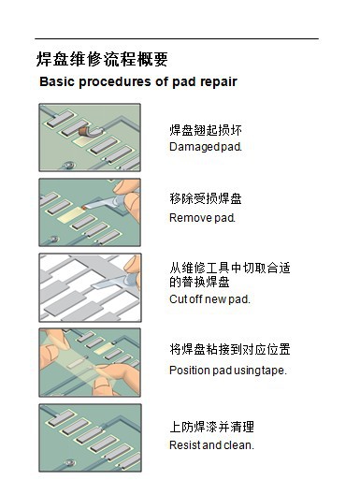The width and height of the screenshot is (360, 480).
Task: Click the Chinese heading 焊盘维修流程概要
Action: click(x=102, y=59)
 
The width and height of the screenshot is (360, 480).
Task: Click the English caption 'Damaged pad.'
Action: click(x=206, y=147)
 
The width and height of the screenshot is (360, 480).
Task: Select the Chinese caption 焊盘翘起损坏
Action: click(x=206, y=130)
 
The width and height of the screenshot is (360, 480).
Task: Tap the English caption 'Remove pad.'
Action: click(x=202, y=218)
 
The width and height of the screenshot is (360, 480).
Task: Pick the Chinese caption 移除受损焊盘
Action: click(x=206, y=198)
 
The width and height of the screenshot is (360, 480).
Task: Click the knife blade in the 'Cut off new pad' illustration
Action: click(x=109, y=283)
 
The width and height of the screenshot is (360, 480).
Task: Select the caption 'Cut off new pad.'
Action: click(x=209, y=299)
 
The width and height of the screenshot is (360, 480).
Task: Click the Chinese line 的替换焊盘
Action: click(x=199, y=282)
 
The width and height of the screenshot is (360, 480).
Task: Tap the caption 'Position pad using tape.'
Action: click(x=228, y=371)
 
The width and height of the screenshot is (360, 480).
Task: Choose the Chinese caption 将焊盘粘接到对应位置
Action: click(x=230, y=349)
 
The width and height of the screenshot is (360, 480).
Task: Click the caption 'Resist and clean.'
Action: click(x=211, y=444)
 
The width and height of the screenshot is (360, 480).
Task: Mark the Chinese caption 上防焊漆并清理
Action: click(x=211, y=427)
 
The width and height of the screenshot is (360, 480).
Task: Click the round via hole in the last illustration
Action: click(x=69, y=462)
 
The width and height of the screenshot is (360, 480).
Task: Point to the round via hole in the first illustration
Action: click(x=68, y=164)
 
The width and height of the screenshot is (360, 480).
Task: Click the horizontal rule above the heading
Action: click(x=177, y=38)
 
